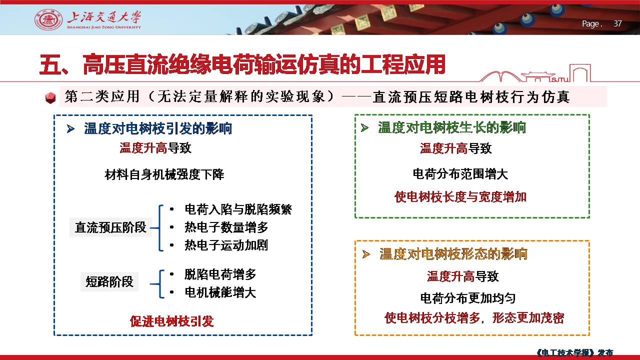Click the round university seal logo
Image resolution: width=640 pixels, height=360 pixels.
click(x=48, y=19)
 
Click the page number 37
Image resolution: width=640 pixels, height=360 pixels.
click(x=617, y=23)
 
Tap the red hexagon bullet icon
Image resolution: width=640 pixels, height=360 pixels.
click(x=50, y=97)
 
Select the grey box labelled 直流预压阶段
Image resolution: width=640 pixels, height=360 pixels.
click(x=110, y=227)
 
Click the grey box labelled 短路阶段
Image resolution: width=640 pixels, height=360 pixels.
click(x=109, y=281)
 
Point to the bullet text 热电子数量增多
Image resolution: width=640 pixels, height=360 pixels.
click(x=226, y=227)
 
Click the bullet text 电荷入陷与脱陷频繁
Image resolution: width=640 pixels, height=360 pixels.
click(x=238, y=209)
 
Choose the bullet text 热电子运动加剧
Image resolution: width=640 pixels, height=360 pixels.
click(x=226, y=245)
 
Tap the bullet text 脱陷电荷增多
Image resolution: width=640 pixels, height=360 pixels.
click(x=220, y=274)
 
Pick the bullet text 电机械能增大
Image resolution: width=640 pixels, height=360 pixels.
click(x=220, y=292)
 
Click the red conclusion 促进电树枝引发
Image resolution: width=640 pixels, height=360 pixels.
click(x=172, y=321)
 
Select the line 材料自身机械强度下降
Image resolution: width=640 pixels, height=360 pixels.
click(x=164, y=174)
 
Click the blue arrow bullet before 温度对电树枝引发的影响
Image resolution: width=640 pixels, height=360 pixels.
click(x=70, y=129)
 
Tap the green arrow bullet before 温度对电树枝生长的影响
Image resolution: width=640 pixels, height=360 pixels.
click(x=365, y=127)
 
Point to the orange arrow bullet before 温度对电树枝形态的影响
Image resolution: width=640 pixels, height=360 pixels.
click(x=366, y=254)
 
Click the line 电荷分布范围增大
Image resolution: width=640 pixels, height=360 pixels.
click(x=460, y=174)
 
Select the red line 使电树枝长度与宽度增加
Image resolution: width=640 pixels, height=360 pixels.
click(x=460, y=197)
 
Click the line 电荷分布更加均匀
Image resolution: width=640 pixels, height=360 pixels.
click(x=468, y=298)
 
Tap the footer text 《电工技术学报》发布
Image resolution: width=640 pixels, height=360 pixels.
click(x=575, y=352)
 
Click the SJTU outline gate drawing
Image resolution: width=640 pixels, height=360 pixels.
click(x=535, y=73)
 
